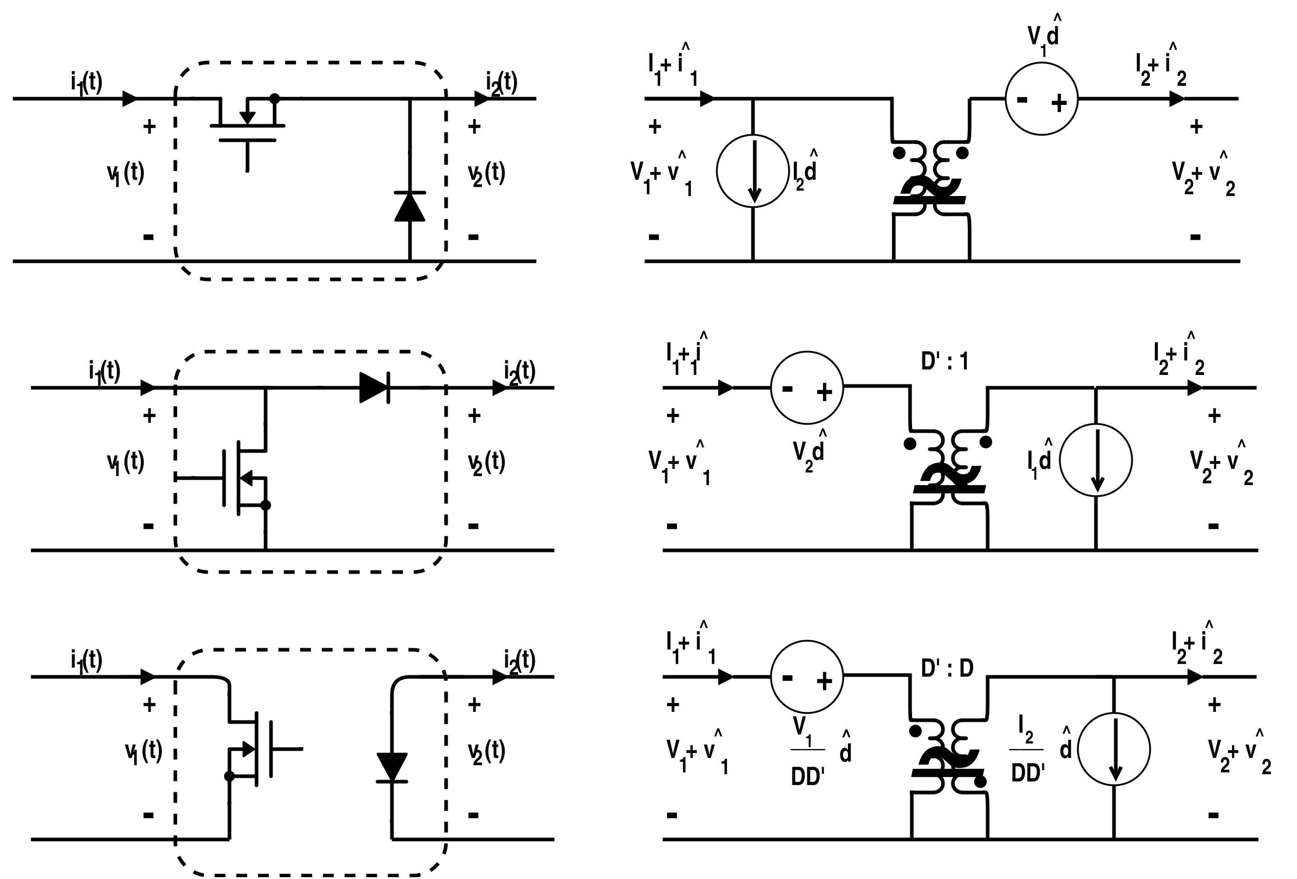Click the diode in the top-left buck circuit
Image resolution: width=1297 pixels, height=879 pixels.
coord(410,206)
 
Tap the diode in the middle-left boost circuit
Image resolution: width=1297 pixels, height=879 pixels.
coord(375,387)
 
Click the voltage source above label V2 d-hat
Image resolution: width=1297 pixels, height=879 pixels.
coord(806,387)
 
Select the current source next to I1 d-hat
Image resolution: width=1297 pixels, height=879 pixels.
coord(1096,460)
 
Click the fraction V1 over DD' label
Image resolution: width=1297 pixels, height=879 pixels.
coord(807,751)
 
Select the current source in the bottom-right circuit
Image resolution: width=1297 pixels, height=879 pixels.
coord(1113,749)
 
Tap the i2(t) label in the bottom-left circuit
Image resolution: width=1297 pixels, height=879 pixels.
coord(519,661)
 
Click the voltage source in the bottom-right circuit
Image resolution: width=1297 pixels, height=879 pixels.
coord(806,677)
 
